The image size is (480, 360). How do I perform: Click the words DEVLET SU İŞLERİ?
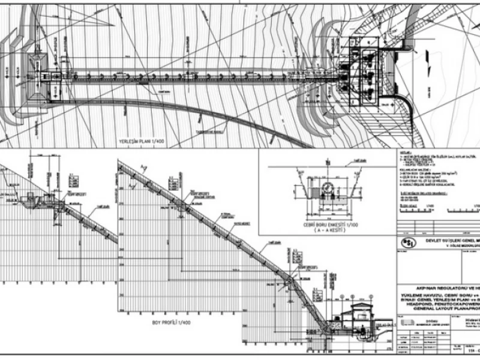click(x=446, y=240)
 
